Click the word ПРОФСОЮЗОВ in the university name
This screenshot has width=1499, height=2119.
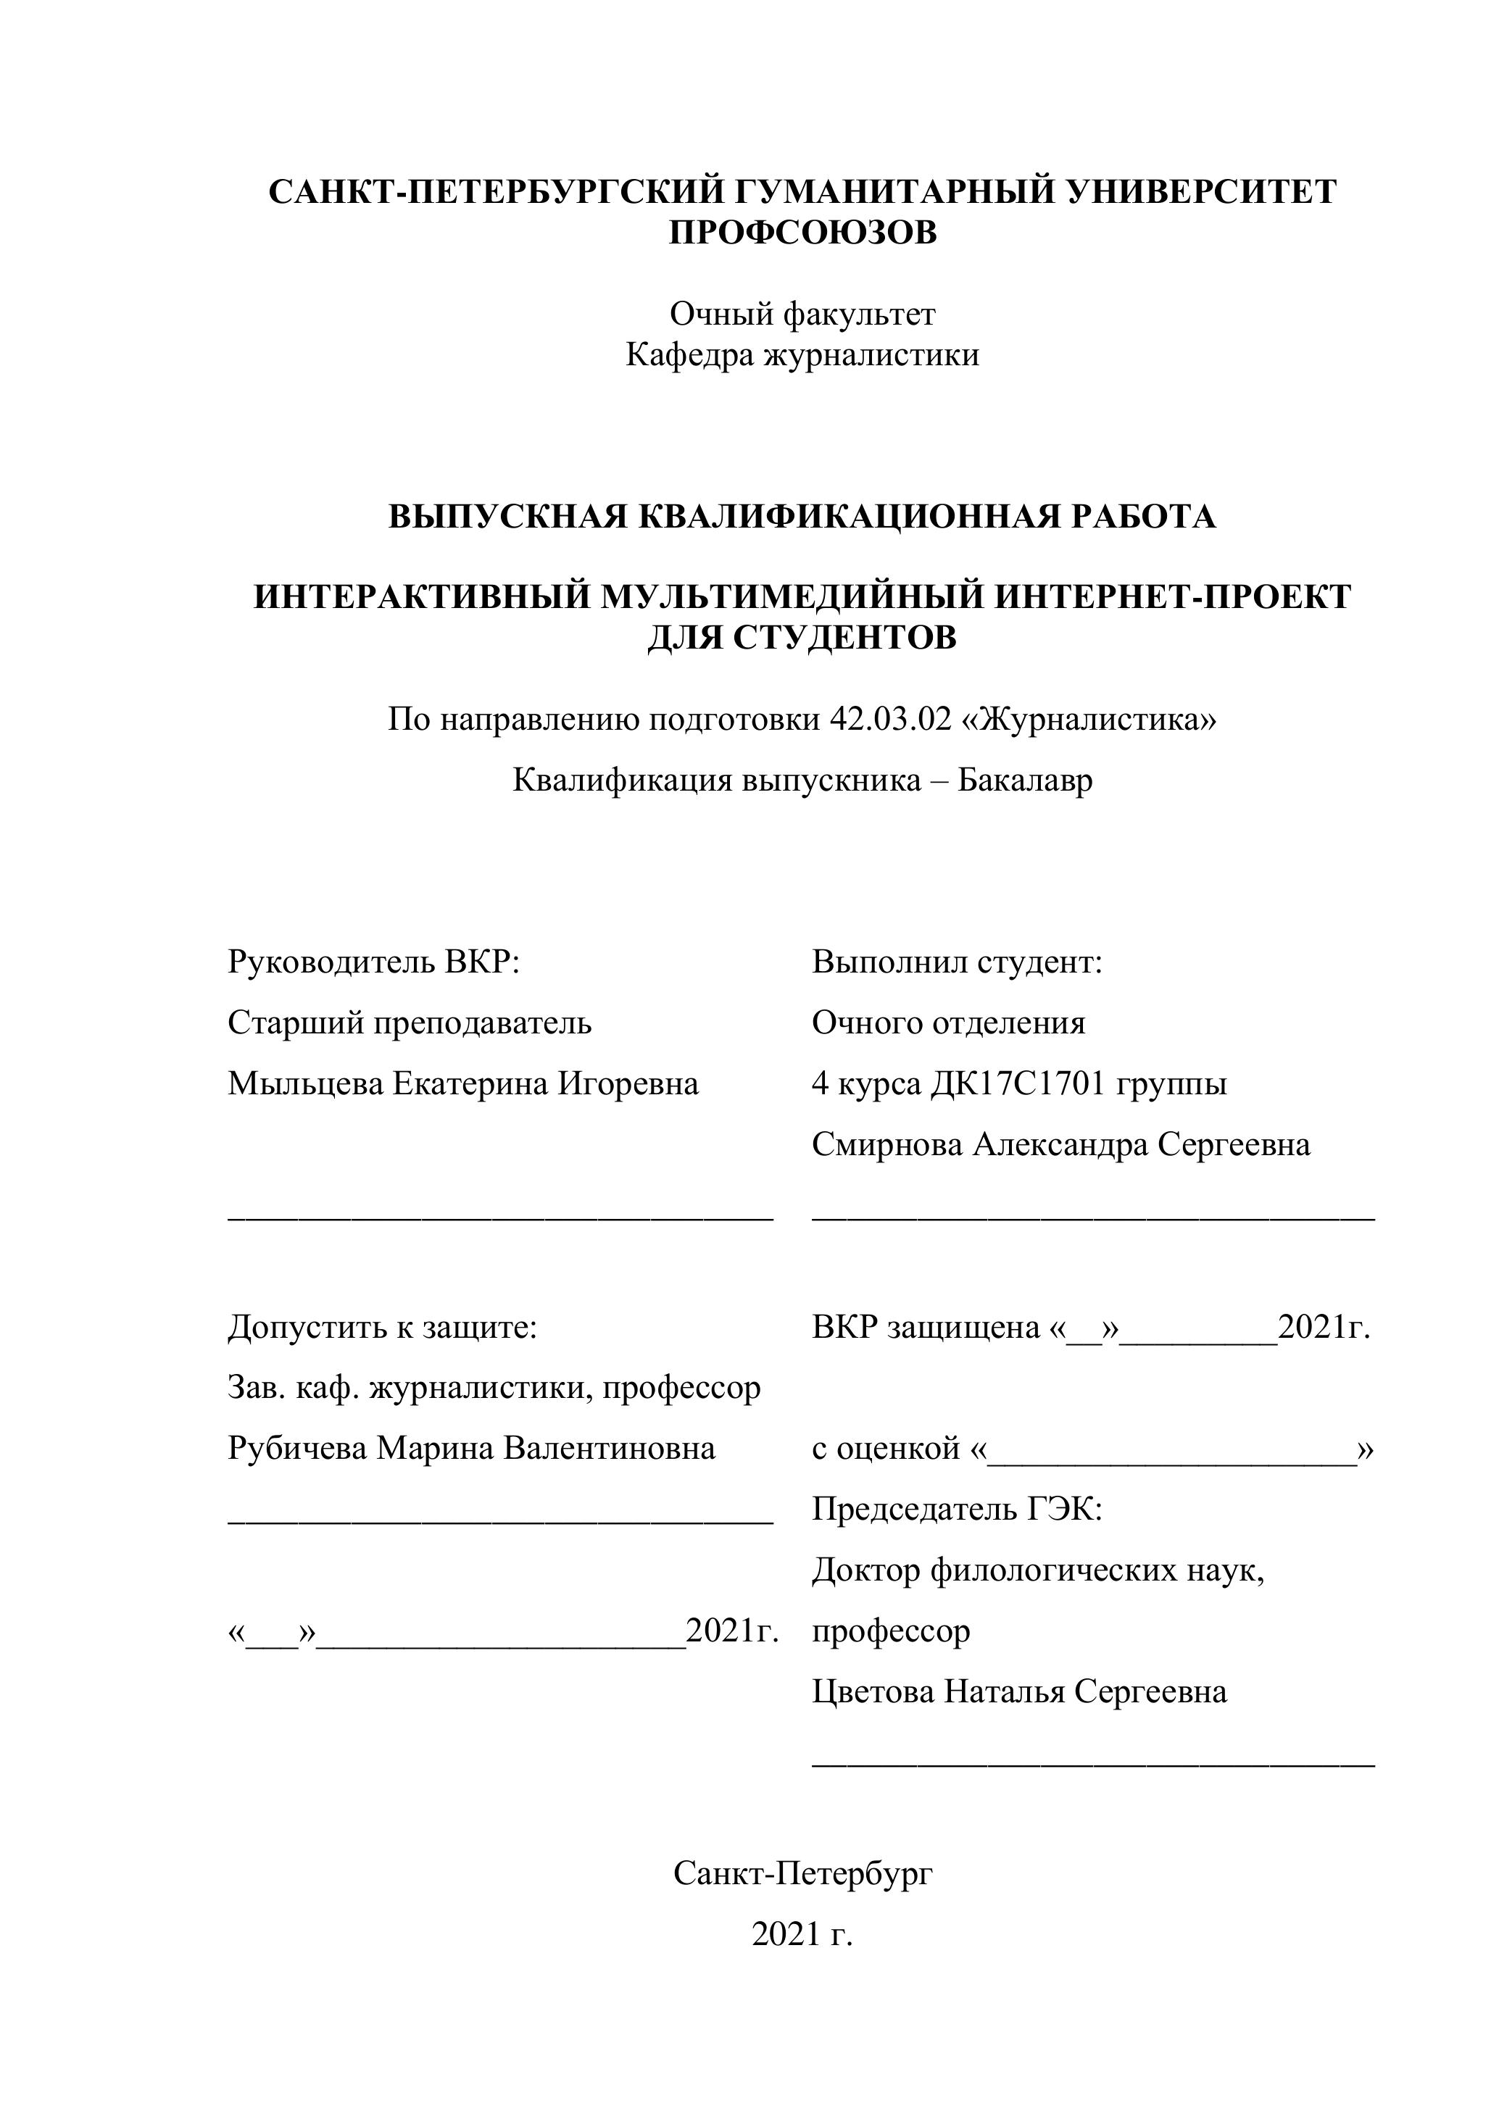pos(802,233)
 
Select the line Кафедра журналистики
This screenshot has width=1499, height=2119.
pos(802,355)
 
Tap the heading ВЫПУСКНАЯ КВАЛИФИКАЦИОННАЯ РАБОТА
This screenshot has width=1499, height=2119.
pos(802,517)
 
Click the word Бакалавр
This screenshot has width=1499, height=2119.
pos(1024,780)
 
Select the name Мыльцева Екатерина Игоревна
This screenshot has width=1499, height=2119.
pos(463,1083)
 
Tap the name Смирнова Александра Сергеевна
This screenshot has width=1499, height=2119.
pos(1060,1145)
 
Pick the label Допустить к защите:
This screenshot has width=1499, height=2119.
pos(382,1328)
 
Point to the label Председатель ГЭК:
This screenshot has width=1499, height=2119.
pos(958,1510)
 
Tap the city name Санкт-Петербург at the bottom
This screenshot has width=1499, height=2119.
pos(802,1873)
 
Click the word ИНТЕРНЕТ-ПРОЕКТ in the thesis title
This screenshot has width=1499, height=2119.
pos(1172,597)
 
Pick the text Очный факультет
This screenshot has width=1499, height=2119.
pos(802,315)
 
